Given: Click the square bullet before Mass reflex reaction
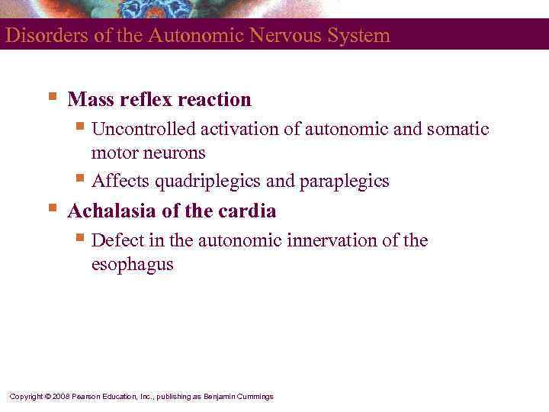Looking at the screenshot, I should (51, 98).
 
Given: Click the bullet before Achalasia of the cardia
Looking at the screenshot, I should (51, 208).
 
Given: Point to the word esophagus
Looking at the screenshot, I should (132, 265).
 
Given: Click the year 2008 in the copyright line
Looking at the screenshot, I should (60, 397).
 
